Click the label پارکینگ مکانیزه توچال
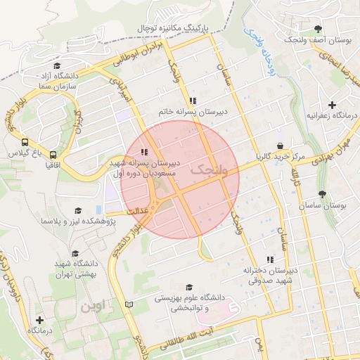tap(179, 27)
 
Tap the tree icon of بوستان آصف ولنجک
tap(318, 29)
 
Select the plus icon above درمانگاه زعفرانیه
tap(332, 105)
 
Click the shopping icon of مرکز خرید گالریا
tap(281, 146)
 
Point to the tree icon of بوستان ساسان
tap(322, 194)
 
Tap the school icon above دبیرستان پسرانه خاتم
tap(193, 101)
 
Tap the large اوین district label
tap(96, 307)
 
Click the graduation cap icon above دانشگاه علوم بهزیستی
tap(188, 287)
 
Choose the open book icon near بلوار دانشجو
tap(128, 304)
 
